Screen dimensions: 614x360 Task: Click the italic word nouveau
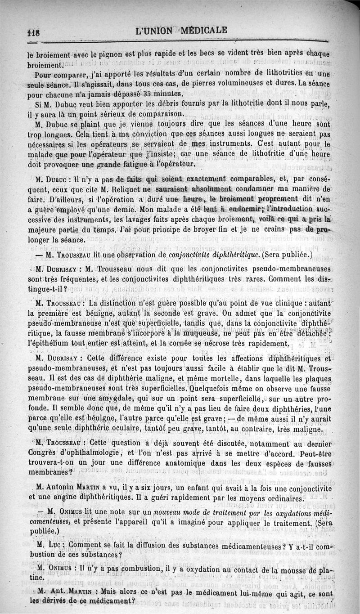click(x=170, y=512)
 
